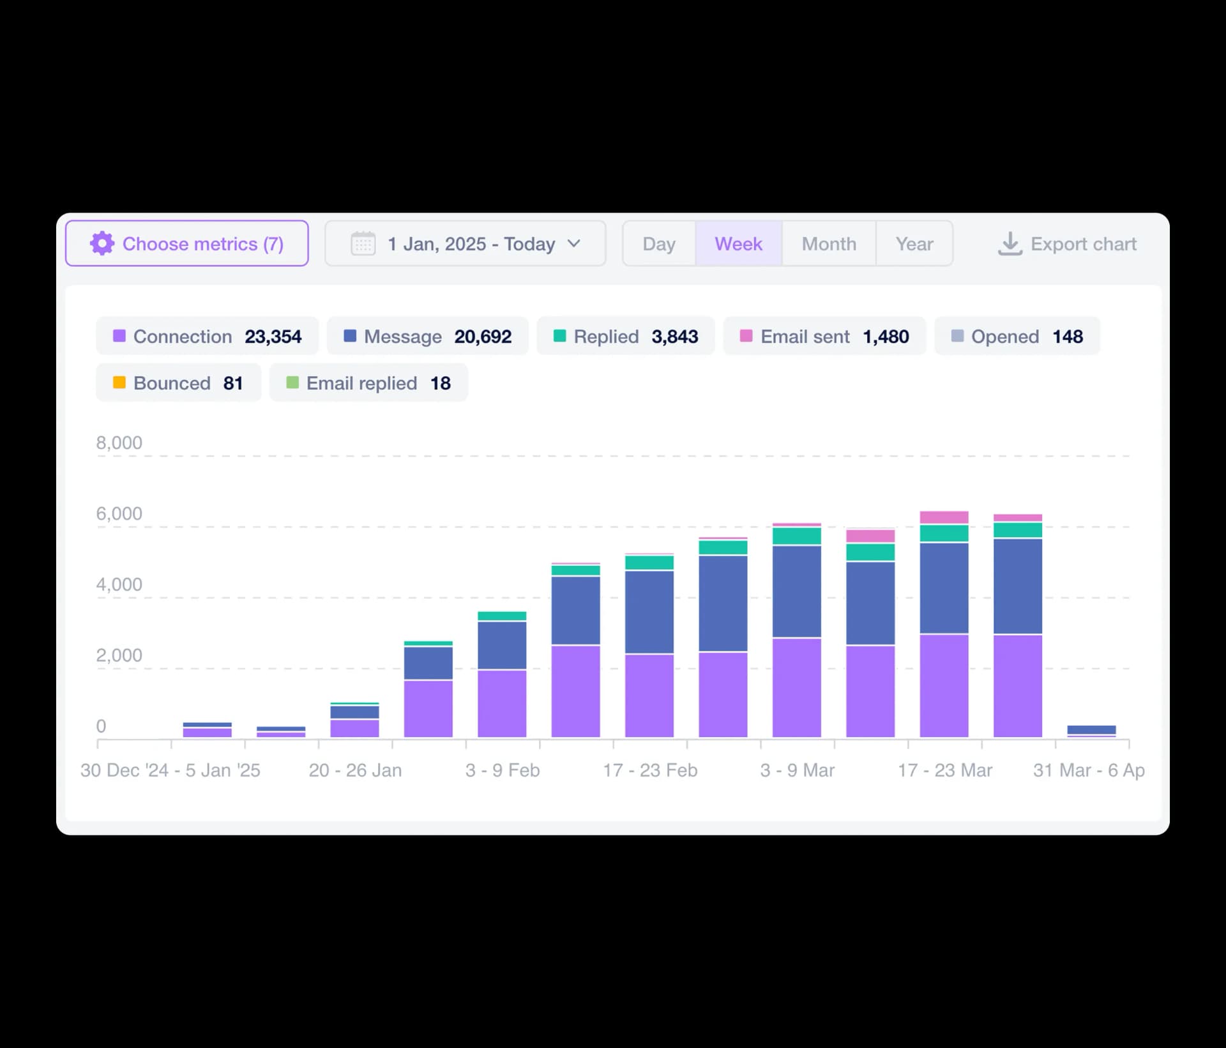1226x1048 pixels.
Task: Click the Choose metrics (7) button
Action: coord(186,243)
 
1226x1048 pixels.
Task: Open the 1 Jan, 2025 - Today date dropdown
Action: coord(465,243)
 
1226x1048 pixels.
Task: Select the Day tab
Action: coord(659,243)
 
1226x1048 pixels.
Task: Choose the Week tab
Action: coord(738,243)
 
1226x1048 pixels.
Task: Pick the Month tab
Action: coord(829,243)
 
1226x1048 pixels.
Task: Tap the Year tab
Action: coord(914,243)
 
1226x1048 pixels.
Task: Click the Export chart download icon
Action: coord(1010,243)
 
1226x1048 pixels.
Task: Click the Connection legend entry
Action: coord(207,336)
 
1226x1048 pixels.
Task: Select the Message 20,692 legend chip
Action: coord(427,336)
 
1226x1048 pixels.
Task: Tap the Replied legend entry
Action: coord(625,336)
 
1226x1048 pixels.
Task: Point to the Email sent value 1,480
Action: coord(886,337)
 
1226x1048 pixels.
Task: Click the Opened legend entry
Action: coord(1017,336)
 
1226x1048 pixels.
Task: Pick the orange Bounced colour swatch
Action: coord(119,383)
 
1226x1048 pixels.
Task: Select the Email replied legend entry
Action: coord(368,383)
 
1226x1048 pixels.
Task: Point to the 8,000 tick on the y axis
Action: coord(119,443)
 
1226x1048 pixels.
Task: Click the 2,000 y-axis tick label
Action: coord(119,655)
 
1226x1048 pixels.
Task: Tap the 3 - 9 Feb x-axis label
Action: coord(503,770)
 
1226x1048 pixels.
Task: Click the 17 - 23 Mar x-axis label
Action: coord(945,770)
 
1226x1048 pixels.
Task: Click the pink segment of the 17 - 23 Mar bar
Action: coord(944,517)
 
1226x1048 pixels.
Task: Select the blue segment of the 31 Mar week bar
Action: coord(1091,729)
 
